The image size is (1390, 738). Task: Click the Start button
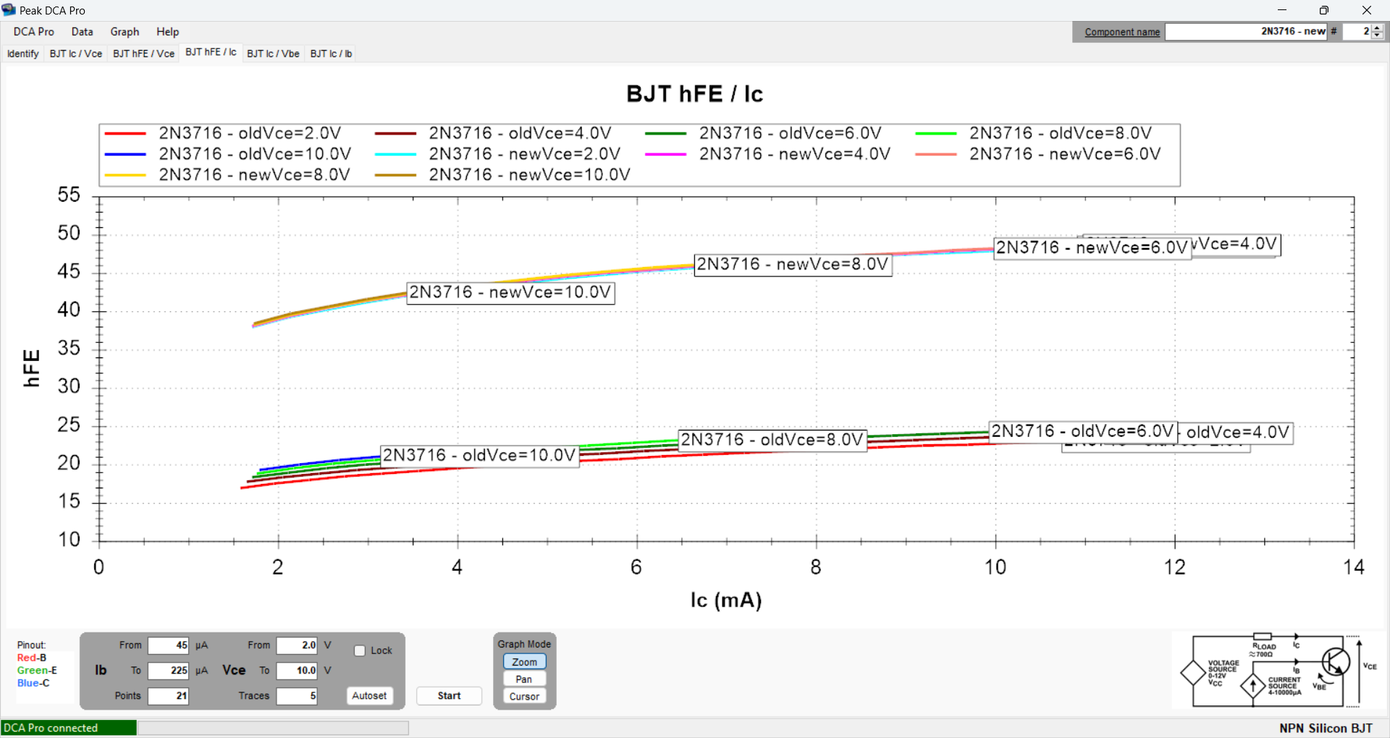[449, 696]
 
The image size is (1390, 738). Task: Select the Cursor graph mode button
[524, 697]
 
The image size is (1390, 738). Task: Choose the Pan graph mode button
[524, 679]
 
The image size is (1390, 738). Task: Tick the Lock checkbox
[360, 650]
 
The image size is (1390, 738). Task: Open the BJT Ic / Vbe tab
[273, 54]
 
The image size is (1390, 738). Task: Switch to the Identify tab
[23, 54]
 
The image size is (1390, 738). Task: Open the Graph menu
[125, 32]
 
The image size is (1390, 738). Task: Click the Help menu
[167, 32]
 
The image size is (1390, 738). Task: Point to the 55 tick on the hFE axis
[69, 195]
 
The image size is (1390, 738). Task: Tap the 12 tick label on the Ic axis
[1174, 567]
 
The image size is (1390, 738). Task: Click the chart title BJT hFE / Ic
[694, 94]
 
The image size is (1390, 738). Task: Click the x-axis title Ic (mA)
[725, 601]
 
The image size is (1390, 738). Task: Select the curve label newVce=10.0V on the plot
[510, 292]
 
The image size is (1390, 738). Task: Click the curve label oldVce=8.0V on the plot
[772, 440]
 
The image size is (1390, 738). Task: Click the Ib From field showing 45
[169, 645]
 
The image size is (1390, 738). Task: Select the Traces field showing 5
[297, 696]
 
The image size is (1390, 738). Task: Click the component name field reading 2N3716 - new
[1246, 32]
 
